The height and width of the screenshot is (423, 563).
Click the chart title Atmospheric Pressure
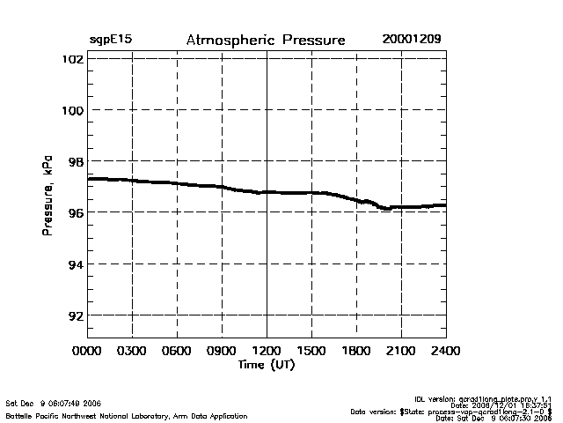266,41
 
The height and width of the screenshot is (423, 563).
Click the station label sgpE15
111,41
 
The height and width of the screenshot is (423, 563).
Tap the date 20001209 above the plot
412,40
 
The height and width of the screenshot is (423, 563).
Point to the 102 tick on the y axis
73,59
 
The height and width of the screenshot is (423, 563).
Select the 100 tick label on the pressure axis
73,110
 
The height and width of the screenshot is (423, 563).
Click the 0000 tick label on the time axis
87,352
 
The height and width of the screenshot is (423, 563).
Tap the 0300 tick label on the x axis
132,352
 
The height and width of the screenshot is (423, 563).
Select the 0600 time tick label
177,352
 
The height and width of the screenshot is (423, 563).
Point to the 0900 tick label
222,352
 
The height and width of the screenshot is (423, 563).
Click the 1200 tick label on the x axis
267,352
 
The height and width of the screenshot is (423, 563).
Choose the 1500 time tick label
311,352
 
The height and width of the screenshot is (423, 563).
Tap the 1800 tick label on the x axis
356,352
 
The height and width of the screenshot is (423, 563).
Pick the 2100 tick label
401,352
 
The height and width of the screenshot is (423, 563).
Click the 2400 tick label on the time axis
445,352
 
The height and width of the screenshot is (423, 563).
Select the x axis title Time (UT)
266,365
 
